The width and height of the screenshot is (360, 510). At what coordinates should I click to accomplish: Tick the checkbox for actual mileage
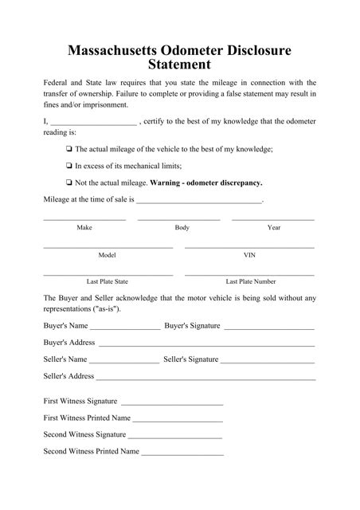coord(70,150)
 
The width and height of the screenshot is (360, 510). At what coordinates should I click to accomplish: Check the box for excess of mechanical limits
coord(70,166)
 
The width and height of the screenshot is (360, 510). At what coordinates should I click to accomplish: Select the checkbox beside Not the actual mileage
coord(70,182)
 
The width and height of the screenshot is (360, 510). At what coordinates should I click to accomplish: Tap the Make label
coord(84,228)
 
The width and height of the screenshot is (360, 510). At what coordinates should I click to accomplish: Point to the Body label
coord(182,228)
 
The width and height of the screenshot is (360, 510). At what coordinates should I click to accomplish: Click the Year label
coord(274,228)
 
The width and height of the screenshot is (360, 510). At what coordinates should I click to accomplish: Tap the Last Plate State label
coord(107,281)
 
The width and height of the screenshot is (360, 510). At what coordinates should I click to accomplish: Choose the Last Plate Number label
coord(251,281)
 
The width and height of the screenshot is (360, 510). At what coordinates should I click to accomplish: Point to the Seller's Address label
coord(68,375)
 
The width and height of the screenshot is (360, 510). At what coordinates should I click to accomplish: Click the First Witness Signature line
coord(171,402)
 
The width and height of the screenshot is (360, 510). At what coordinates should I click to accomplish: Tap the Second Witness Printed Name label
coord(92,451)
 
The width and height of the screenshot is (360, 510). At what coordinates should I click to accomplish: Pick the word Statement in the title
coord(179,66)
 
